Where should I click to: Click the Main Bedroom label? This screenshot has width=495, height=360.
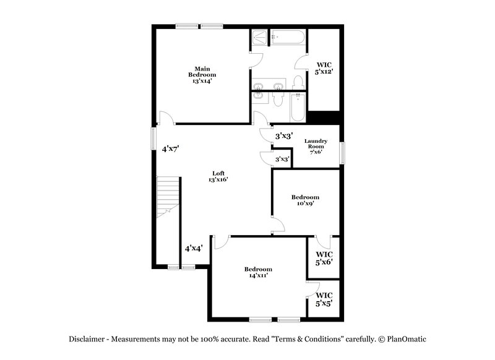coord(202,74)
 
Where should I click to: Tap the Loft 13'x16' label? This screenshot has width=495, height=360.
coord(218,176)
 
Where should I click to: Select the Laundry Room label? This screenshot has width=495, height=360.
coord(316,147)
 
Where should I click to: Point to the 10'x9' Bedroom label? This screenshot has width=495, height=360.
coord(306,200)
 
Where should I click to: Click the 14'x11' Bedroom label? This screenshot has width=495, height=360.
coord(258,272)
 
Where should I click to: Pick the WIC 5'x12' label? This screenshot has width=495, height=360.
coord(324,68)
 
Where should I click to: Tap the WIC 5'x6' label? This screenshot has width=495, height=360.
coord(324,258)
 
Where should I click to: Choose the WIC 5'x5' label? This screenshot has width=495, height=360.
coord(324,299)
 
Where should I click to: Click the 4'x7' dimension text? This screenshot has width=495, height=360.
coord(170,148)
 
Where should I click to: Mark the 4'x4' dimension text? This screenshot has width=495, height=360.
coord(194,249)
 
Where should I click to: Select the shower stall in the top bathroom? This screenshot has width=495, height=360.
coord(259,38)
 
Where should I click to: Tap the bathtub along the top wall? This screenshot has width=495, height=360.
coord(288,38)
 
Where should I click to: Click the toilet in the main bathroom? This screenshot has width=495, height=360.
coord(298,83)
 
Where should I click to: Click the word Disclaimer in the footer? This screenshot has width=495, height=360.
coord(87,339)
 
